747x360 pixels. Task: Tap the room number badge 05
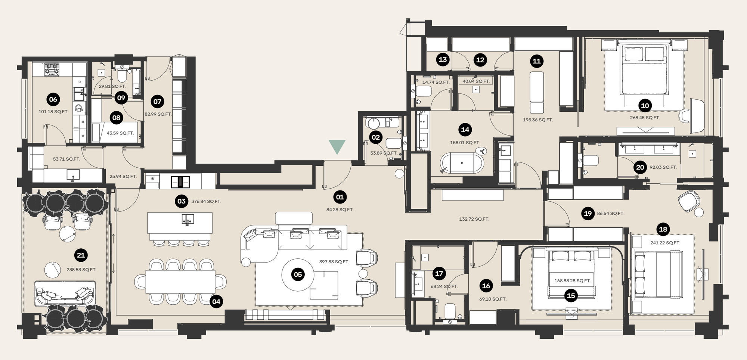tap(298, 274)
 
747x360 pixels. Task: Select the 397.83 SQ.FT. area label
tap(334, 262)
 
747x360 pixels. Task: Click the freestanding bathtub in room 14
tap(462, 163)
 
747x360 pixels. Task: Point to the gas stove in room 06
tap(52, 69)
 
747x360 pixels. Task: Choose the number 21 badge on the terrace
tap(81, 255)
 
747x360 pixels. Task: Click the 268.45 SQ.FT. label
tap(645, 118)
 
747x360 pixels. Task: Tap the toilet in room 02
tap(393, 143)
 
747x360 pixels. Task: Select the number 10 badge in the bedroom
tap(645, 106)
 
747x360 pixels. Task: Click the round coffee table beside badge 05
tap(298, 275)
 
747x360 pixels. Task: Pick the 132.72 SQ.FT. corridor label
tap(474, 219)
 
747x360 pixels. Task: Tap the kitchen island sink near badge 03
tap(187, 219)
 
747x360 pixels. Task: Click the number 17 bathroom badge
tap(439, 273)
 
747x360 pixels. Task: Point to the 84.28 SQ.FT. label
tap(340, 210)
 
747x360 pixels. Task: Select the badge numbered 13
tap(443, 59)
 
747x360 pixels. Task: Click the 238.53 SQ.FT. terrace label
tap(81, 270)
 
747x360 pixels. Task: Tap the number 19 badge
tap(588, 213)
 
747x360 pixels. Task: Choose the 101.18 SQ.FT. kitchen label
tap(53, 112)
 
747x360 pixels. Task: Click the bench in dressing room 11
tap(537, 92)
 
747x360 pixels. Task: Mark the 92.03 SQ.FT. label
tap(663, 167)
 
